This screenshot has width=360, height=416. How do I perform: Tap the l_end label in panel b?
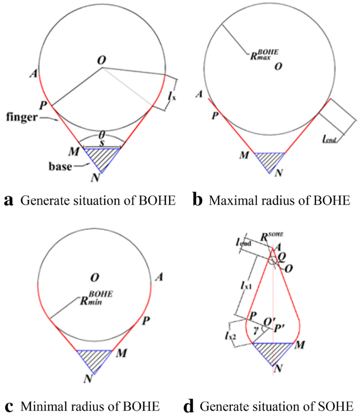330,139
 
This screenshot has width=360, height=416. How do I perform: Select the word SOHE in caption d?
338,407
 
